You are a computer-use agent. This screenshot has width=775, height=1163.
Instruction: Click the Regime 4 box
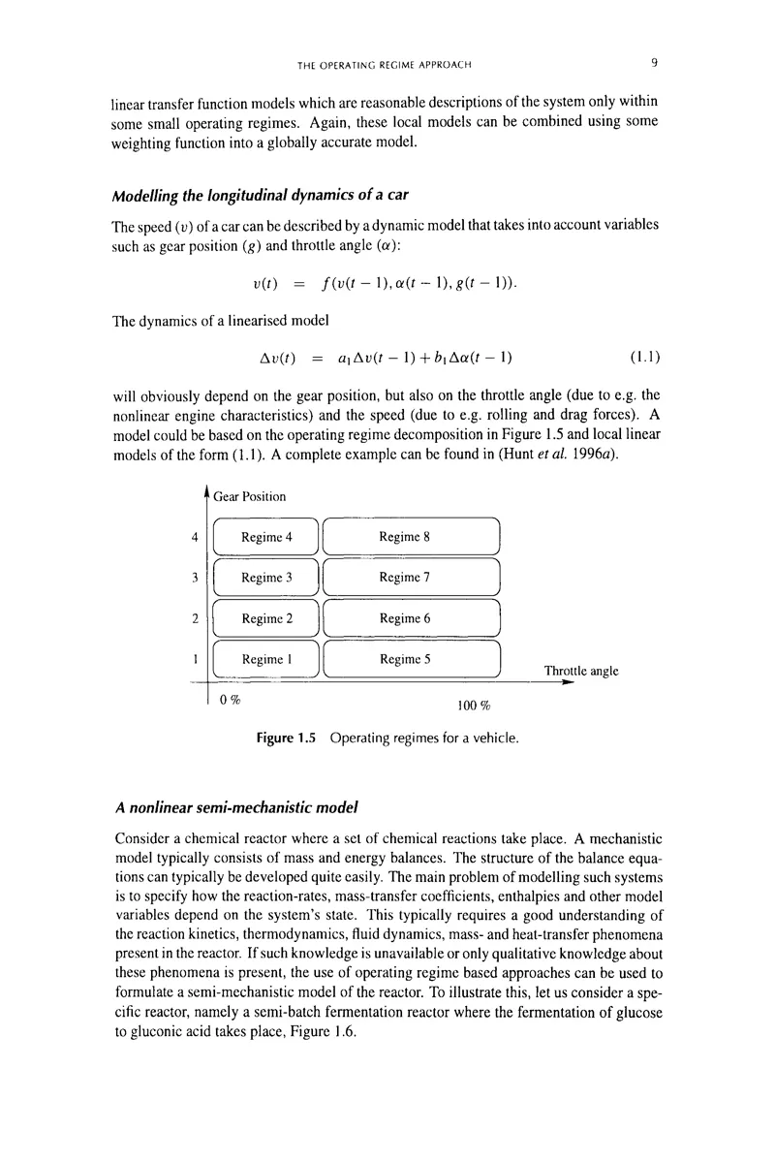[265, 537]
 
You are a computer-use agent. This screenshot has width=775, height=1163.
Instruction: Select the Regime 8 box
[411, 537]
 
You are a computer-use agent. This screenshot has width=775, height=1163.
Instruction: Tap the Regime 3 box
[265, 578]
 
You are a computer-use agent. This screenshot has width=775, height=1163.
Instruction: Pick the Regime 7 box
[411, 578]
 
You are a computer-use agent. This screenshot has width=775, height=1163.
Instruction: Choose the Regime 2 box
[265, 618]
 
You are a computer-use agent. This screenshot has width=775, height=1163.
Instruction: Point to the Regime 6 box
[411, 618]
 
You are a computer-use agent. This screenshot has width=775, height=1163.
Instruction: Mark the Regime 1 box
[265, 659]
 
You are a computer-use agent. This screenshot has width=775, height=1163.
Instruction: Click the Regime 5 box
[411, 659]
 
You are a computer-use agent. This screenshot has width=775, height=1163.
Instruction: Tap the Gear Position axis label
[250, 496]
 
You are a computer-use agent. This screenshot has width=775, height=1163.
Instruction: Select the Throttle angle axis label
[581, 671]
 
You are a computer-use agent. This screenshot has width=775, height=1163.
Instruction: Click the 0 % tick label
[230, 700]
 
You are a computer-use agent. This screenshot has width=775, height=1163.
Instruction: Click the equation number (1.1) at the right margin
[645, 358]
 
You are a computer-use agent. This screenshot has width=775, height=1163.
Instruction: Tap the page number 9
[656, 64]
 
